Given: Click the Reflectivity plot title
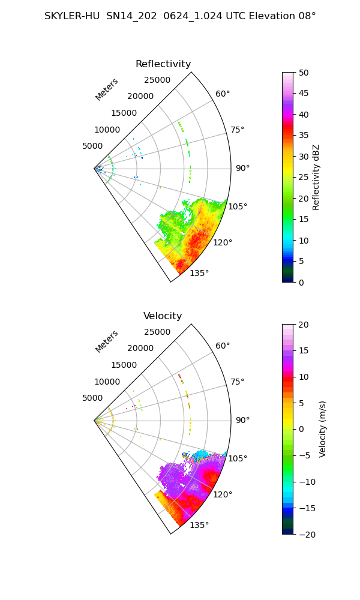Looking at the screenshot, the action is [163, 64].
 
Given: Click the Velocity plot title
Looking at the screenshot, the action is [163, 316].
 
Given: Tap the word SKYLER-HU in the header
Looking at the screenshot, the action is [72, 16].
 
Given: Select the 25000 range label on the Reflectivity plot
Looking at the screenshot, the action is [157, 80].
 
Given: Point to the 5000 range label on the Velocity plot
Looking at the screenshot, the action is [92, 398].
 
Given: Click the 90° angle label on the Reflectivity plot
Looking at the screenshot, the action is [242, 168].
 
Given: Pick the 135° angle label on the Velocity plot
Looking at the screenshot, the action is [199, 525].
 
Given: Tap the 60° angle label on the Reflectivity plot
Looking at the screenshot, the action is [223, 94].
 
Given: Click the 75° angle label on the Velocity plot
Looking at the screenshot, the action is [237, 382].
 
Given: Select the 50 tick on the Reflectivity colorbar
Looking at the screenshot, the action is [304, 73].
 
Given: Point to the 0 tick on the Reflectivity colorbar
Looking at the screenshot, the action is [301, 283].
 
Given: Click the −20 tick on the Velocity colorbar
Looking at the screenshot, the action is [307, 535].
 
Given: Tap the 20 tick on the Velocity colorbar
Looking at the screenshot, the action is [304, 325].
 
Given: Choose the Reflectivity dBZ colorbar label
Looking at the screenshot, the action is [316, 178].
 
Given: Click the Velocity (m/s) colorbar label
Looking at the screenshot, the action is [323, 430].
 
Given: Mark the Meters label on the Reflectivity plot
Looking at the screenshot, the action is [107, 89].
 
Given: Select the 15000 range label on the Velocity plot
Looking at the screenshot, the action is [124, 365].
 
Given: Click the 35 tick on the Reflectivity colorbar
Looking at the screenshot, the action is [304, 136].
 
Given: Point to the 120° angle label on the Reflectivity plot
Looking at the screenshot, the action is [223, 242].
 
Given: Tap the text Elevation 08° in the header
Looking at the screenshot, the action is [283, 16].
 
